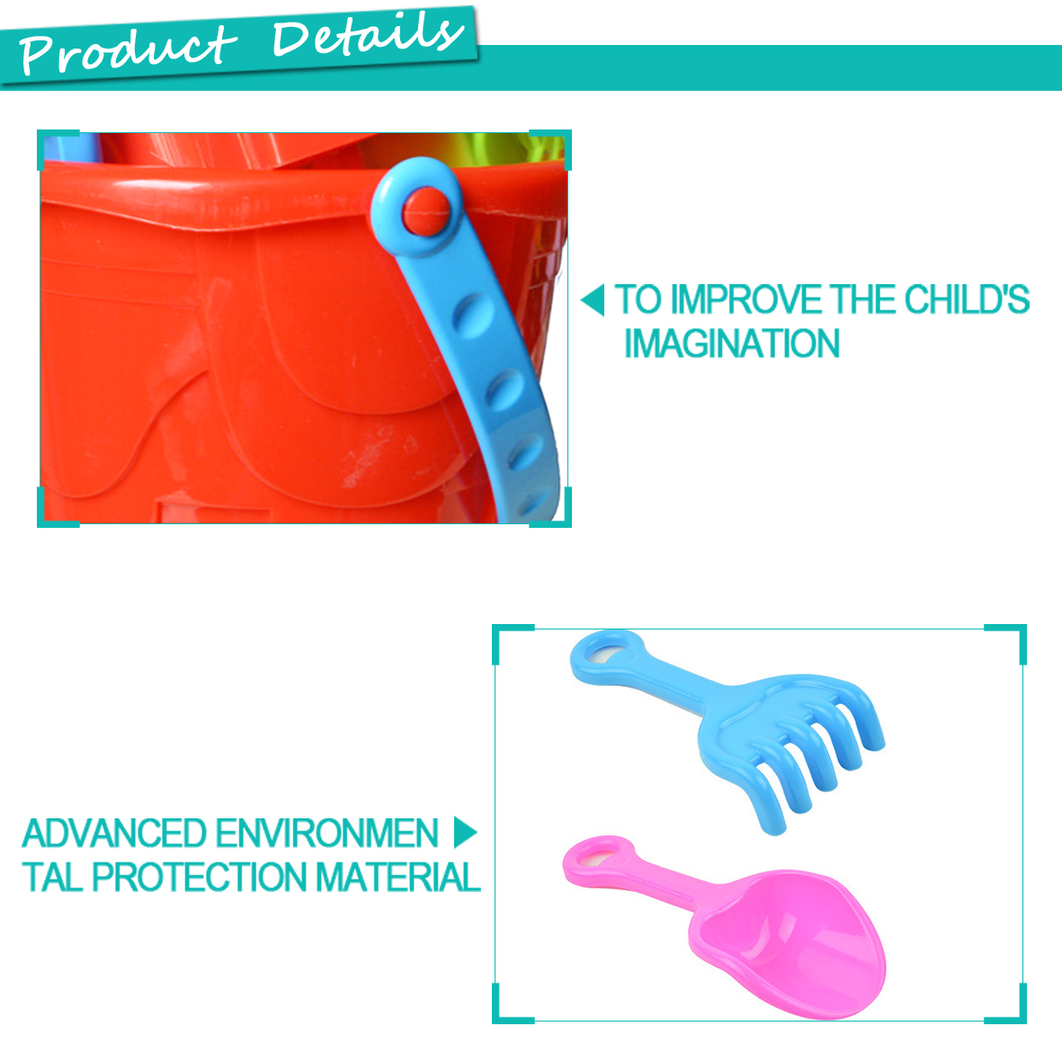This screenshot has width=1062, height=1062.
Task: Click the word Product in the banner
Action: click(x=128, y=49)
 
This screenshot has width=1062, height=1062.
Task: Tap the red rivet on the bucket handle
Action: click(x=427, y=211)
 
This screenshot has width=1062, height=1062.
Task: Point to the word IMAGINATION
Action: click(x=731, y=344)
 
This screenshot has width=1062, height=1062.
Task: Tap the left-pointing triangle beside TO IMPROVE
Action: click(x=593, y=300)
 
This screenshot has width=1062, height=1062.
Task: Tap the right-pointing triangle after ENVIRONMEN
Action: click(x=465, y=833)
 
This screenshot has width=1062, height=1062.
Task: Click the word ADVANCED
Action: click(x=114, y=833)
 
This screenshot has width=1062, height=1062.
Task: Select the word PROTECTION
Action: click(x=199, y=877)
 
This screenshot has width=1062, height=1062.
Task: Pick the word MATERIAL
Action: click(x=398, y=877)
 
